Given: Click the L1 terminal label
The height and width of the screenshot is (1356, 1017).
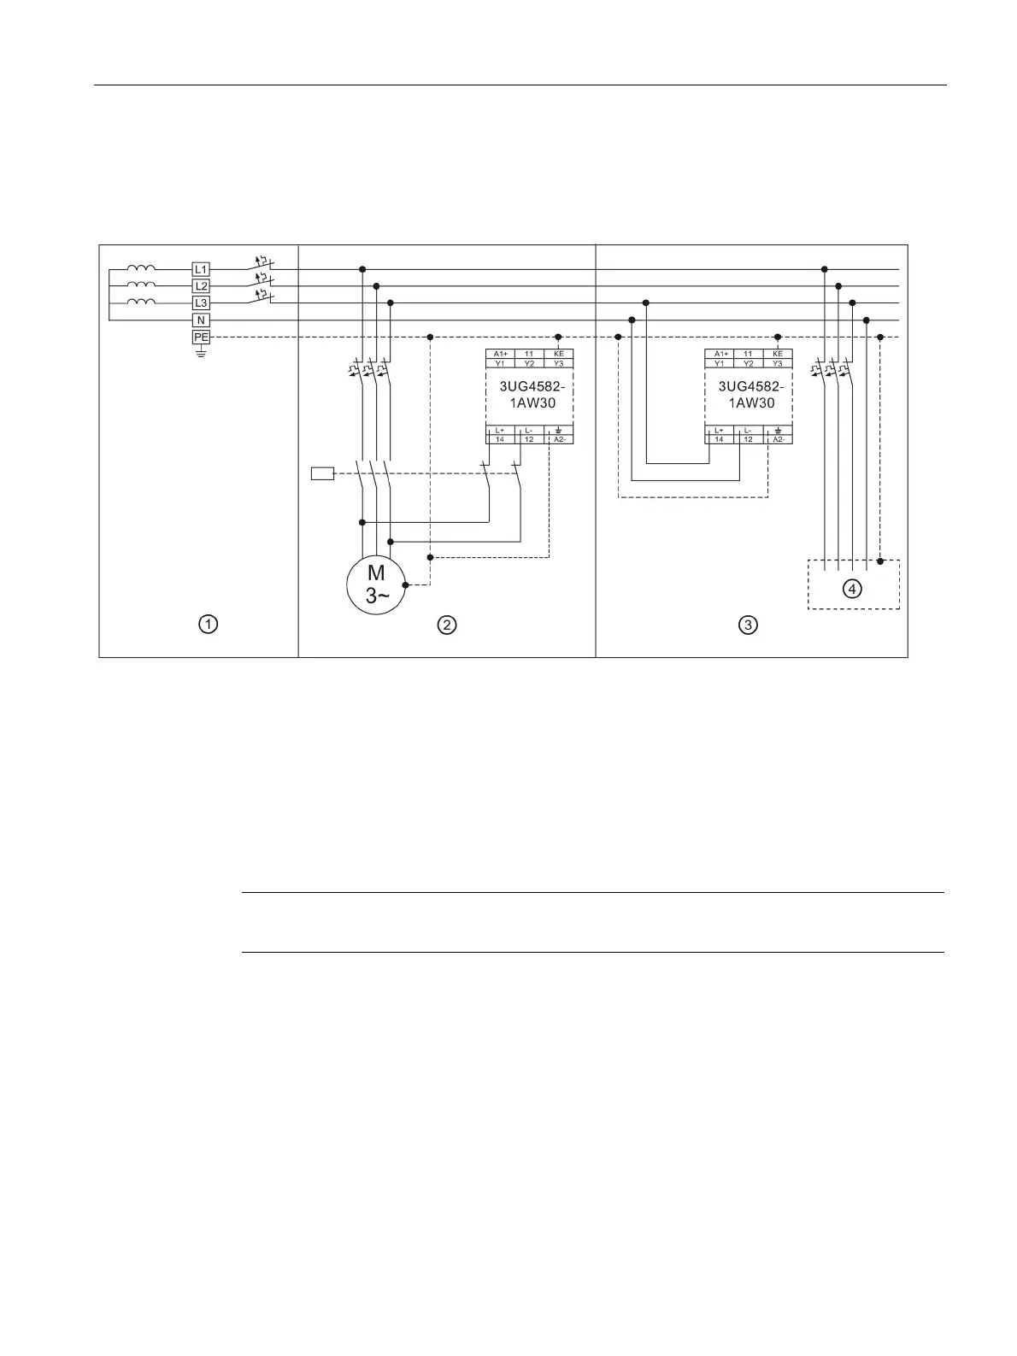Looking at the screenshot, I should click(201, 270).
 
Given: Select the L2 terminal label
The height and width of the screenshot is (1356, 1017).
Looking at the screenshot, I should click(201, 286).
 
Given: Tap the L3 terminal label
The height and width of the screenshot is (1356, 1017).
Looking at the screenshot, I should click(201, 303).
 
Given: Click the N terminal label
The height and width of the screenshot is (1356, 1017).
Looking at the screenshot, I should click(201, 320).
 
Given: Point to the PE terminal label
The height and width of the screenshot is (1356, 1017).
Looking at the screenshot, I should click(201, 338).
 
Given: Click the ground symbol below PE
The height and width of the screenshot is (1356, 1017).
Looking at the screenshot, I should click(201, 351).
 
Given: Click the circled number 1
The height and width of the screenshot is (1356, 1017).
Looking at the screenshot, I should click(207, 625).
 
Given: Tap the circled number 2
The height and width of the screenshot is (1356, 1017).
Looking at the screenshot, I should click(446, 625).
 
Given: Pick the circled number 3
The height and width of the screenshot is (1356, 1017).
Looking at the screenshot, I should click(748, 625).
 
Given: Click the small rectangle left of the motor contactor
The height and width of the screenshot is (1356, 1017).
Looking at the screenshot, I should click(322, 473).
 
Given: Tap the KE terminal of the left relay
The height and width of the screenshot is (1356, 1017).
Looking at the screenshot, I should click(558, 354).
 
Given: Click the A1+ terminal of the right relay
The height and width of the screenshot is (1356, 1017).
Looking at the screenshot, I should click(720, 354).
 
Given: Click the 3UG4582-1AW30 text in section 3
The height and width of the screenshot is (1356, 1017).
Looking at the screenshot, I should click(749, 394).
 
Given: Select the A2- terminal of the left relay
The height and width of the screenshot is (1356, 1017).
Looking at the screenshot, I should click(558, 439).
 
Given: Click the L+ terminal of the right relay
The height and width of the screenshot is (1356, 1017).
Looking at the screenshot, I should click(720, 430).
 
